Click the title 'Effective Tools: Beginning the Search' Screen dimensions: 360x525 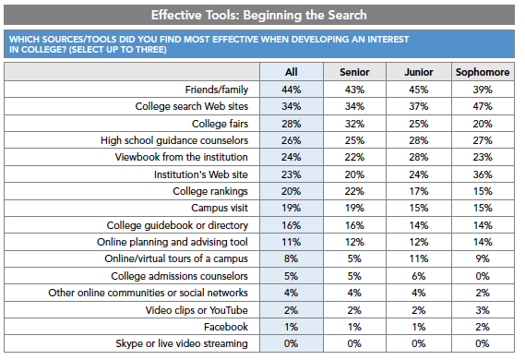[262, 14]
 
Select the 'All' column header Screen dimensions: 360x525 [290, 72]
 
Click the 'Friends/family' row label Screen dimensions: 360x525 [213, 90]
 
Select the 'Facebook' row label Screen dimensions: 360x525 [227, 327]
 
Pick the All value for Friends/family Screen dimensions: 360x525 [290, 90]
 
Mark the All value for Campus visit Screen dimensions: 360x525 [290, 208]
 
